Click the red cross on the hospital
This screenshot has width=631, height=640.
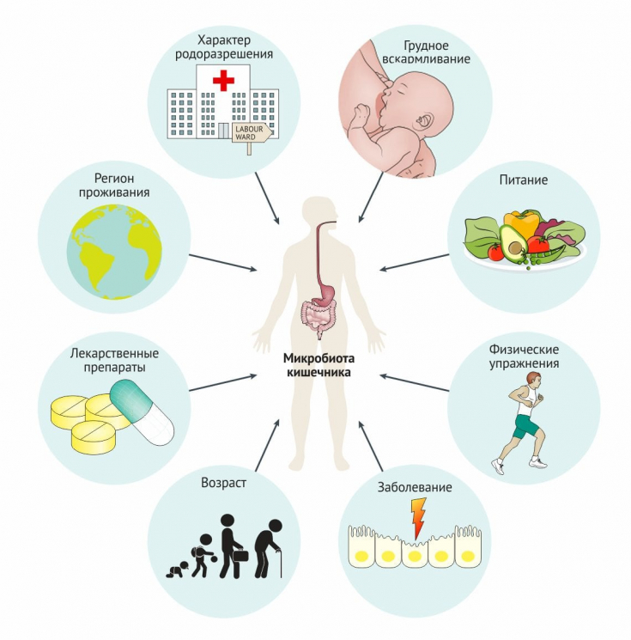(223, 81)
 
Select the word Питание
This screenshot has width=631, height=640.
(523, 181)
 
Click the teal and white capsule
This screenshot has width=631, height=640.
(142, 411)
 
